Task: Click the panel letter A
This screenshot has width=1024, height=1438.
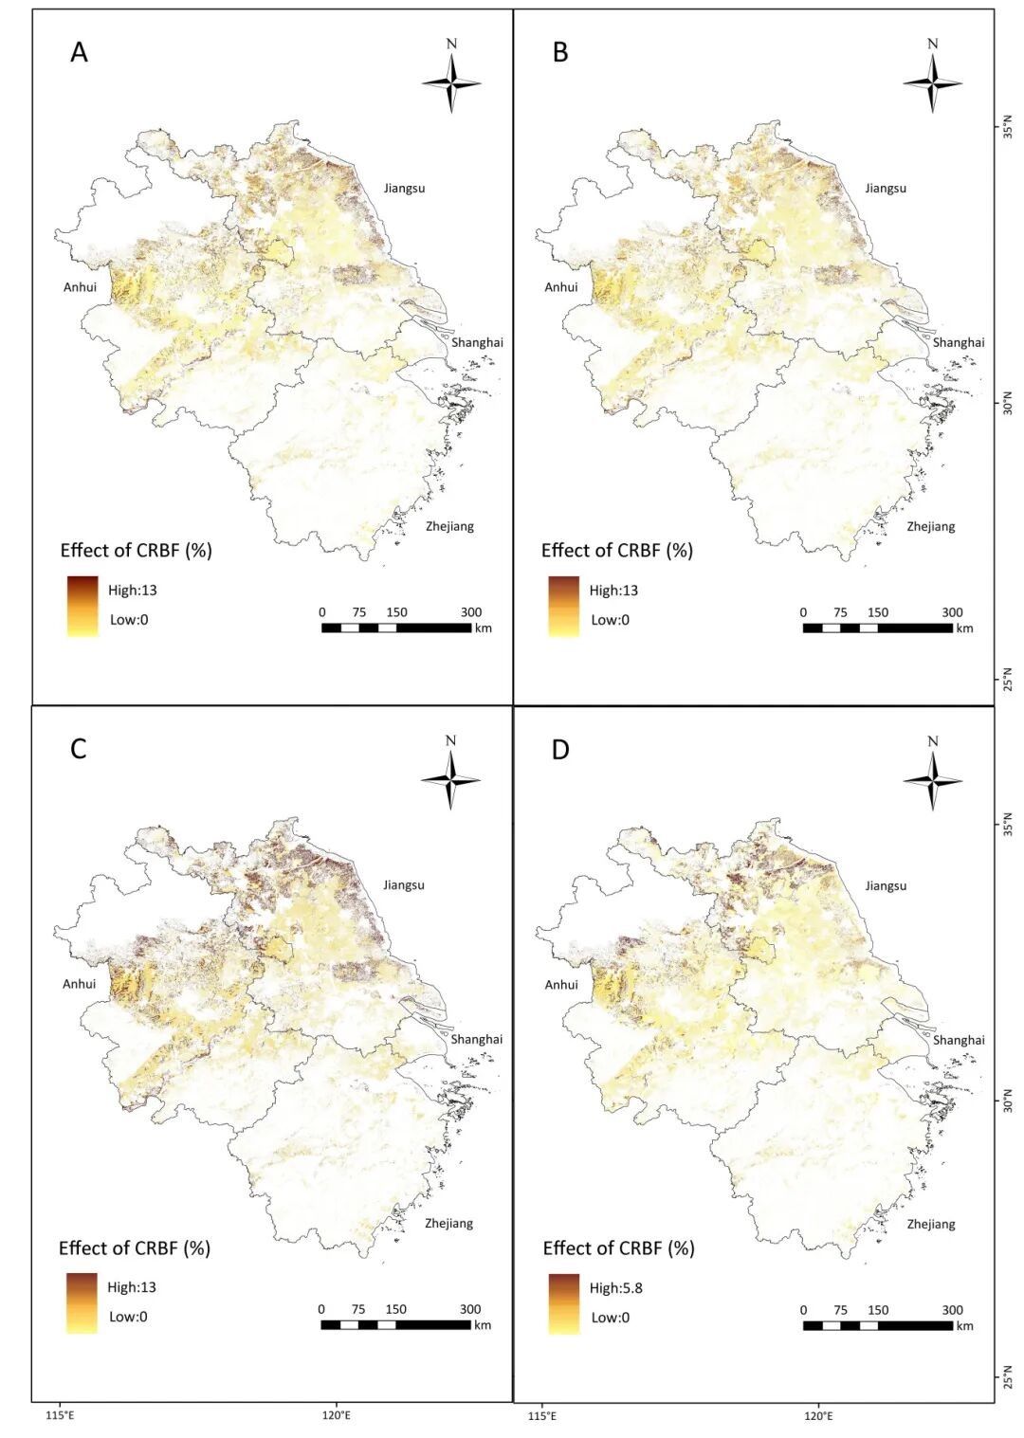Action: [79, 52]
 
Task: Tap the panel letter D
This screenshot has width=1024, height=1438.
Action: [560, 749]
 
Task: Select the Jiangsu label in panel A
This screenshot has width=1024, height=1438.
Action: [404, 188]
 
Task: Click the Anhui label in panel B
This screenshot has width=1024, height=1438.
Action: [561, 286]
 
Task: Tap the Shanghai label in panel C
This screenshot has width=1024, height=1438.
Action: [476, 1039]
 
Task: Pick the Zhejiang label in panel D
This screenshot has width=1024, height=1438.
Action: [931, 1224]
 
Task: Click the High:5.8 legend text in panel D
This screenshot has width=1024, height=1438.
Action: [615, 1287]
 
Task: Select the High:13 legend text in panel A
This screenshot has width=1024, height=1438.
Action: [132, 590]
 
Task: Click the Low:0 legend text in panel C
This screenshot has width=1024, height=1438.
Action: [128, 1316]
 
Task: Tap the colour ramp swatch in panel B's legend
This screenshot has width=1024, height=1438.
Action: [563, 606]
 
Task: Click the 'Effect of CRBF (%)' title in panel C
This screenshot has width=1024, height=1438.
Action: [135, 1247]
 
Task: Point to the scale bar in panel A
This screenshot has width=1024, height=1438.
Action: [396, 628]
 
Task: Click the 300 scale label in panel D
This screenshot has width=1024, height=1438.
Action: [952, 1310]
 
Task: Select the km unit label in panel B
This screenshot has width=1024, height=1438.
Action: [965, 628]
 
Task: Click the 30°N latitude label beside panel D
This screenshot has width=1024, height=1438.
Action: [1008, 1103]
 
